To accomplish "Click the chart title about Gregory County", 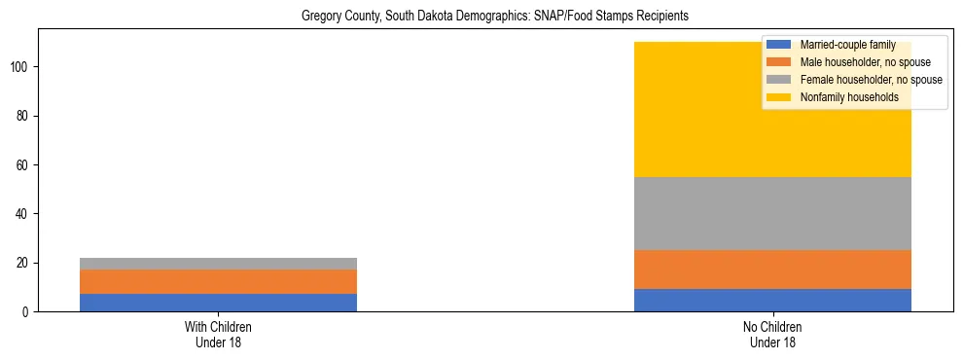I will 481,17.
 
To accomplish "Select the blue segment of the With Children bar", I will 218,303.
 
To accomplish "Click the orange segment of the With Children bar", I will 218,282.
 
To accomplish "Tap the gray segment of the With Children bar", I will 218,264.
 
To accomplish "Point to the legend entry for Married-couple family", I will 843,45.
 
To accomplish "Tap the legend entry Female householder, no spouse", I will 871,80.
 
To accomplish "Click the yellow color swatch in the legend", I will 779,97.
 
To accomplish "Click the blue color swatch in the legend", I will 779,45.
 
